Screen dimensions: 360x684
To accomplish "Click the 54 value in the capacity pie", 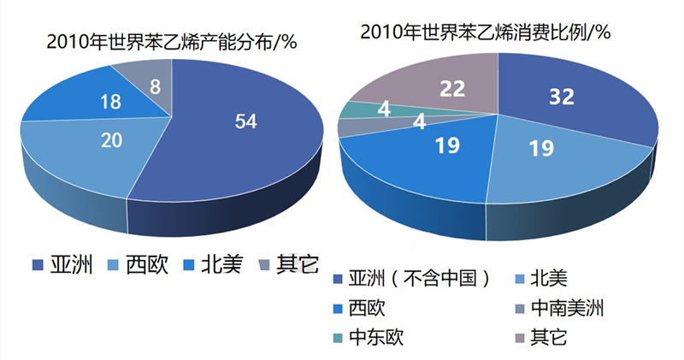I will coord(246,121).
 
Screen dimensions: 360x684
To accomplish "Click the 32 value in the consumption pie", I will coord(561,97).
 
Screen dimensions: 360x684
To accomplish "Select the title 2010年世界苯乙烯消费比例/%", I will coord(485,32).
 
